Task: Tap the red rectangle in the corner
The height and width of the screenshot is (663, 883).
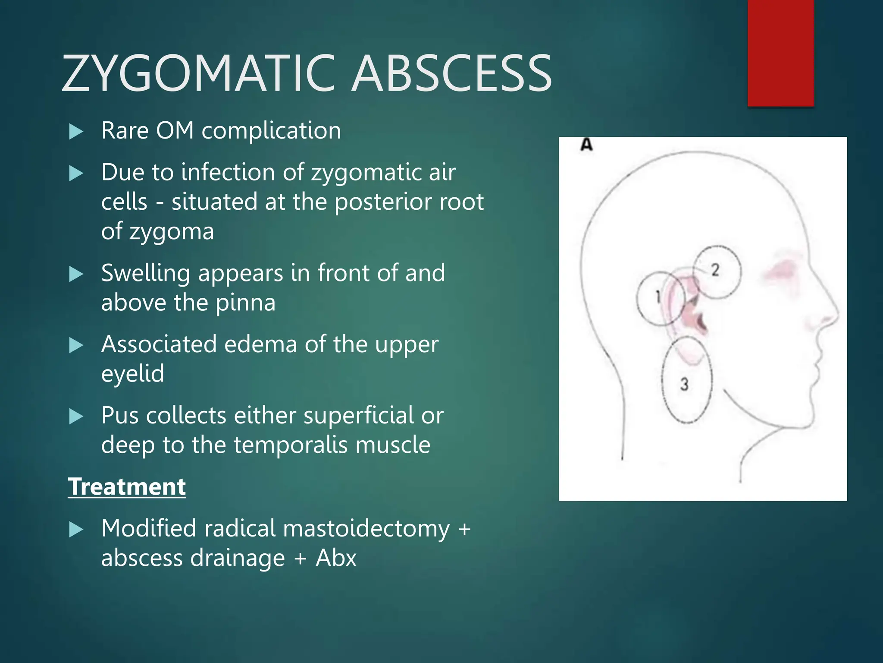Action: pos(780,52)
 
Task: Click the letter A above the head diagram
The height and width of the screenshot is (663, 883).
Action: pos(586,145)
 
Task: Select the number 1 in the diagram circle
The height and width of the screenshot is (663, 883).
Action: pos(658,297)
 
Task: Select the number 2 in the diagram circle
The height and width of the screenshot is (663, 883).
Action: pos(715,270)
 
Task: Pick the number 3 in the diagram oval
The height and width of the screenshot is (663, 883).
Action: pos(684,384)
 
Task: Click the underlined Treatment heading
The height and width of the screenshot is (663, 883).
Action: pos(127,487)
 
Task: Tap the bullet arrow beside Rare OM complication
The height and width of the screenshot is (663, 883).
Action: pos(76,131)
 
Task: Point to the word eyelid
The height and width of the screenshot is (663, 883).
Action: pos(133,373)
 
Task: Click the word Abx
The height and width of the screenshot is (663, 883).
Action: pos(336,558)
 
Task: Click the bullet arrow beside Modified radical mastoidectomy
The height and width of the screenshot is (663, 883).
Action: pos(76,530)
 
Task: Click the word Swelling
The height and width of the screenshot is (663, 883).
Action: pos(146,273)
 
